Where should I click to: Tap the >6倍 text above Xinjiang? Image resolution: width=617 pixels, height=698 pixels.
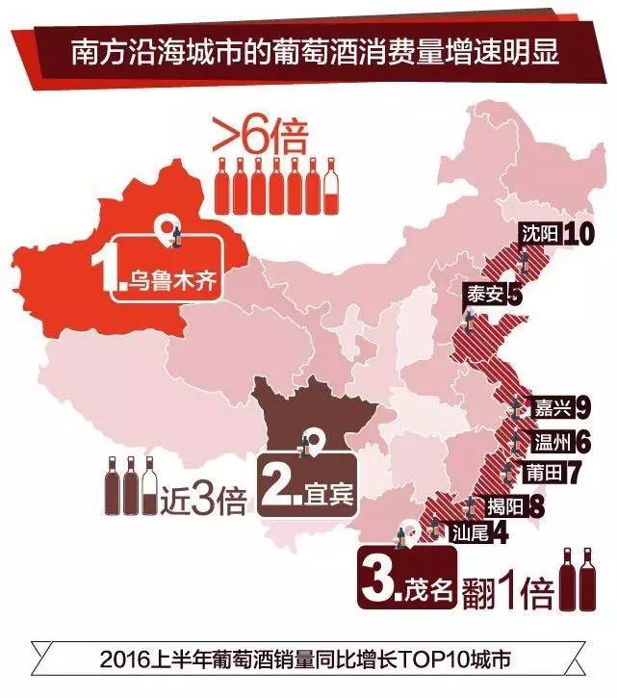point(258,138)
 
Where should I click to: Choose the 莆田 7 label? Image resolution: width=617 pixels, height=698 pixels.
point(552,473)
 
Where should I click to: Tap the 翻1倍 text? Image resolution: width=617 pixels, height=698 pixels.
point(507,590)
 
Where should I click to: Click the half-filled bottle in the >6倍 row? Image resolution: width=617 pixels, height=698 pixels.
point(331,186)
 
